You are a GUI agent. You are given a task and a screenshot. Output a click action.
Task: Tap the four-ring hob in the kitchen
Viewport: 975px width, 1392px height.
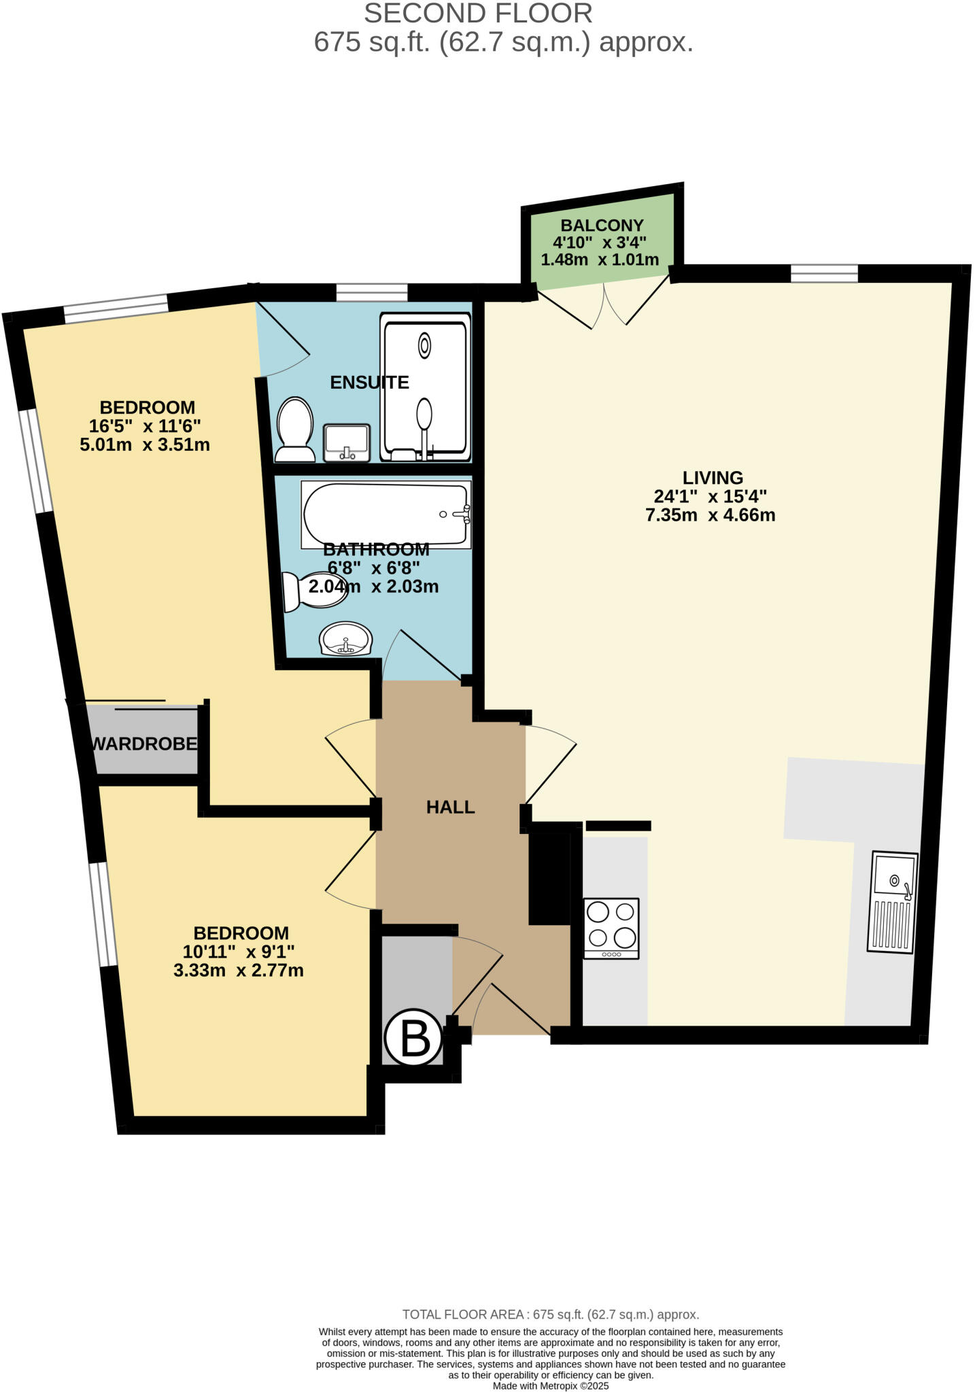[x=611, y=928]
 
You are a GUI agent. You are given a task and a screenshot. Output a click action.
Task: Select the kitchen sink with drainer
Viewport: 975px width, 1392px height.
[x=893, y=902]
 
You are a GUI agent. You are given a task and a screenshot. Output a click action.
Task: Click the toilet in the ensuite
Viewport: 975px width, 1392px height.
[x=294, y=430]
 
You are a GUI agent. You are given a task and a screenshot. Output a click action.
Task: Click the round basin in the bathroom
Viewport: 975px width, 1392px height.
[x=346, y=640]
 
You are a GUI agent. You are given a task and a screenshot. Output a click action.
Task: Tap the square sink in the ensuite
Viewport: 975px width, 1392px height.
[x=347, y=442]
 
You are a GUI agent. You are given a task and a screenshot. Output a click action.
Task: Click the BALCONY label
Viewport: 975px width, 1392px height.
[x=602, y=226]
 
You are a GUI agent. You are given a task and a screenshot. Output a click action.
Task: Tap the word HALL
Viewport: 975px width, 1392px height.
[x=450, y=807]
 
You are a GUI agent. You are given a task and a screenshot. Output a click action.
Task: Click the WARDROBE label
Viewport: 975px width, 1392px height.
[x=145, y=744]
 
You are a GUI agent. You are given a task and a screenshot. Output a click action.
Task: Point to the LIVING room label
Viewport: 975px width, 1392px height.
[x=713, y=478]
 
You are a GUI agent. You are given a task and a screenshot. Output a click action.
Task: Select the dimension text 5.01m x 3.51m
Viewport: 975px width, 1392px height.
[x=145, y=445]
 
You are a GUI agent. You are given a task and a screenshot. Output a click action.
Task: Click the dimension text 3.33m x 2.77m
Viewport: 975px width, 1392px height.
[x=238, y=971]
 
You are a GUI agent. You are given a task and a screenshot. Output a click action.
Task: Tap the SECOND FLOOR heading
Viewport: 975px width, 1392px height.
[x=478, y=14]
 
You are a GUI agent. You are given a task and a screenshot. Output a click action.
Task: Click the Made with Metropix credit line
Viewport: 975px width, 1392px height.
[x=551, y=1385]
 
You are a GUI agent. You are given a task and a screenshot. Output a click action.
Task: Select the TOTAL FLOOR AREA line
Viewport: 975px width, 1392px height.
[x=551, y=1315]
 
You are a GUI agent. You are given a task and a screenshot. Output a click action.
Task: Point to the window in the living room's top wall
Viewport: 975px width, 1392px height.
[x=824, y=273]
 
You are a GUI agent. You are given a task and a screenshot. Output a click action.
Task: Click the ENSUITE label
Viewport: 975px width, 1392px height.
[x=369, y=383]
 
